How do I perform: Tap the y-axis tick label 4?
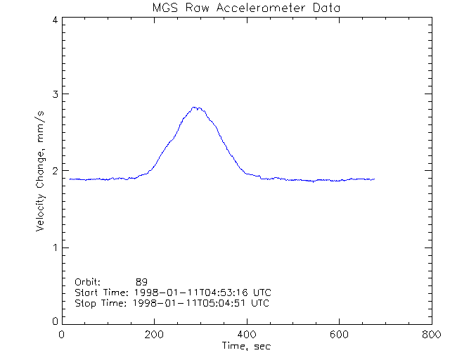tap(54, 20)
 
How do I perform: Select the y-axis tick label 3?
tap(54, 94)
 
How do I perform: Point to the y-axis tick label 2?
tap(54, 171)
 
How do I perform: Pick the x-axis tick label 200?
tap(155, 335)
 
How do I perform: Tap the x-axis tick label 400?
tap(247, 335)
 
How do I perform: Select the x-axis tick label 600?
tap(339, 335)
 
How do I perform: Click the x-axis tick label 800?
tap(431, 335)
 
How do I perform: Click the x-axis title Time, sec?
tap(246, 346)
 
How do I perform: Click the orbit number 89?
tap(141, 281)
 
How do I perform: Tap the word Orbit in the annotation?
tap(87, 281)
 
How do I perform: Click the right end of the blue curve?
tap(375, 179)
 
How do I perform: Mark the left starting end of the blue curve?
tap(70, 179)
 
